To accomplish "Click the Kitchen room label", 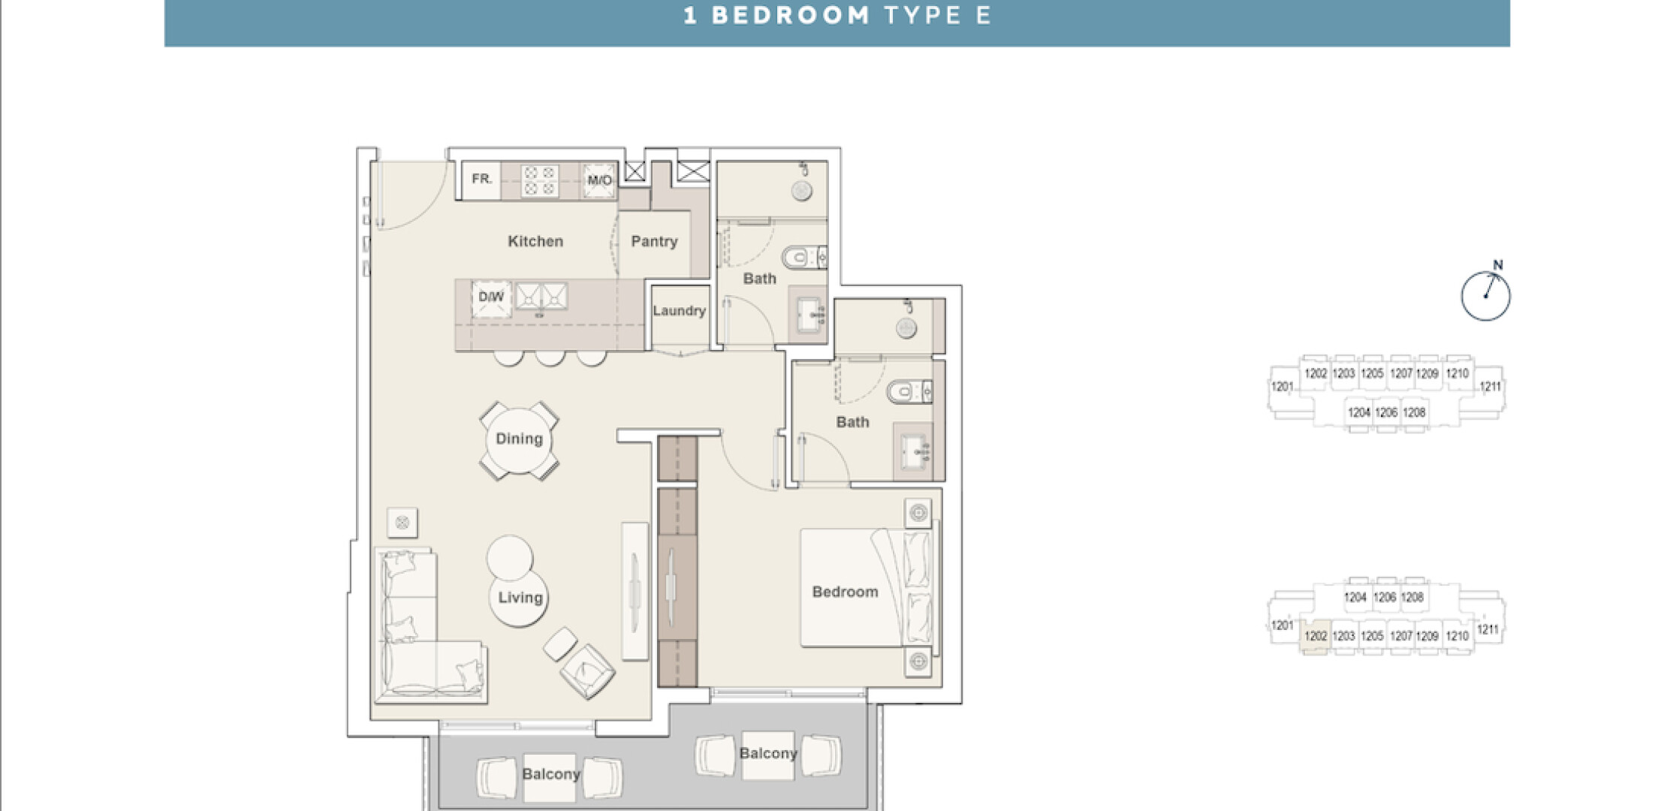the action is (535, 241).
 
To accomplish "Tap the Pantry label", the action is (654, 241).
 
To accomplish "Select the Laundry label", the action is (679, 310).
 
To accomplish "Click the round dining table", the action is (519, 439).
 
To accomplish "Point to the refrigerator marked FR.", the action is (481, 180).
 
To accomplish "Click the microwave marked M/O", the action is (599, 180).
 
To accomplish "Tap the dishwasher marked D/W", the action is (491, 299).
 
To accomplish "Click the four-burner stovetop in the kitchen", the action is (540, 181).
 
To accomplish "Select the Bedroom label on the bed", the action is (845, 592).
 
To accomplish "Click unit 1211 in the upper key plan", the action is (1491, 387).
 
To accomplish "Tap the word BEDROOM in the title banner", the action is (791, 16).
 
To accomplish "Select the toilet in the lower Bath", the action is (909, 392).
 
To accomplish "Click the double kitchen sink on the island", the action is (541, 297).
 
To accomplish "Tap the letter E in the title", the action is (984, 16).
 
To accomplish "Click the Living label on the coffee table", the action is (520, 598).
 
